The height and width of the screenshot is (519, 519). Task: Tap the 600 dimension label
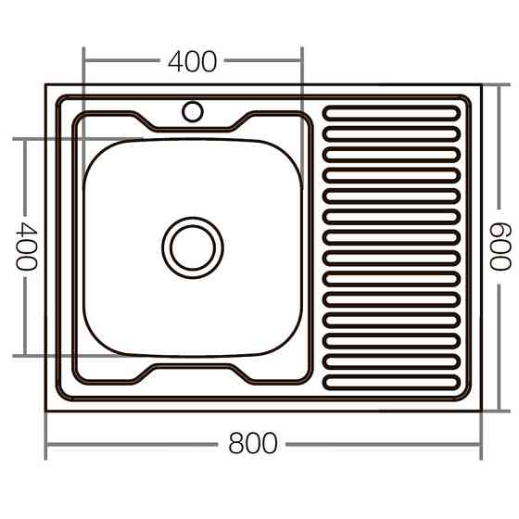pos(500,247)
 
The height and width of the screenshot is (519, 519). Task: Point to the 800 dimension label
pos(252,444)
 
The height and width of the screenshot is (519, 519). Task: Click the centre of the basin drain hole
pos(193,247)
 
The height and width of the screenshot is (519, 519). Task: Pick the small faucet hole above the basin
pos(193,112)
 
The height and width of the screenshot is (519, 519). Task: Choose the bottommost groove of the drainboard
pos(390,380)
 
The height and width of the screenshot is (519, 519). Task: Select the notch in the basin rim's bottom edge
pos(193,370)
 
